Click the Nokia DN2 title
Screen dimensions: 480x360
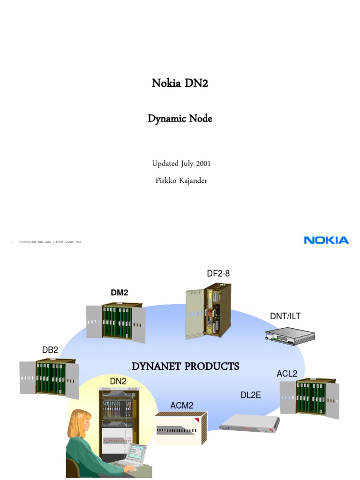click(x=180, y=83)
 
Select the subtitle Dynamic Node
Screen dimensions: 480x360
click(x=180, y=119)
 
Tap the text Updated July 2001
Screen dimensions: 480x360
click(x=181, y=164)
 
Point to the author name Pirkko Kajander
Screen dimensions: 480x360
click(x=181, y=180)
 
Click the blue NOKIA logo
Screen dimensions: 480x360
click(x=326, y=240)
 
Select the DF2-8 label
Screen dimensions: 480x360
click(x=218, y=273)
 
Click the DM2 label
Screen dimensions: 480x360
click(x=119, y=292)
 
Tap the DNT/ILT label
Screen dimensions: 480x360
click(x=285, y=316)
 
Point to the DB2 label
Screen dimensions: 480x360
click(x=50, y=350)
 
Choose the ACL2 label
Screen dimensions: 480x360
click(x=287, y=374)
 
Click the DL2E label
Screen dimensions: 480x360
click(x=250, y=395)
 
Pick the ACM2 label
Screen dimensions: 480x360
click(x=181, y=405)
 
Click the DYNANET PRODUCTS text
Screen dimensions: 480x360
click(x=185, y=366)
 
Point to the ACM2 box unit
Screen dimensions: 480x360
click(x=180, y=429)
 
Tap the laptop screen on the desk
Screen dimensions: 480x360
click(x=137, y=453)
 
